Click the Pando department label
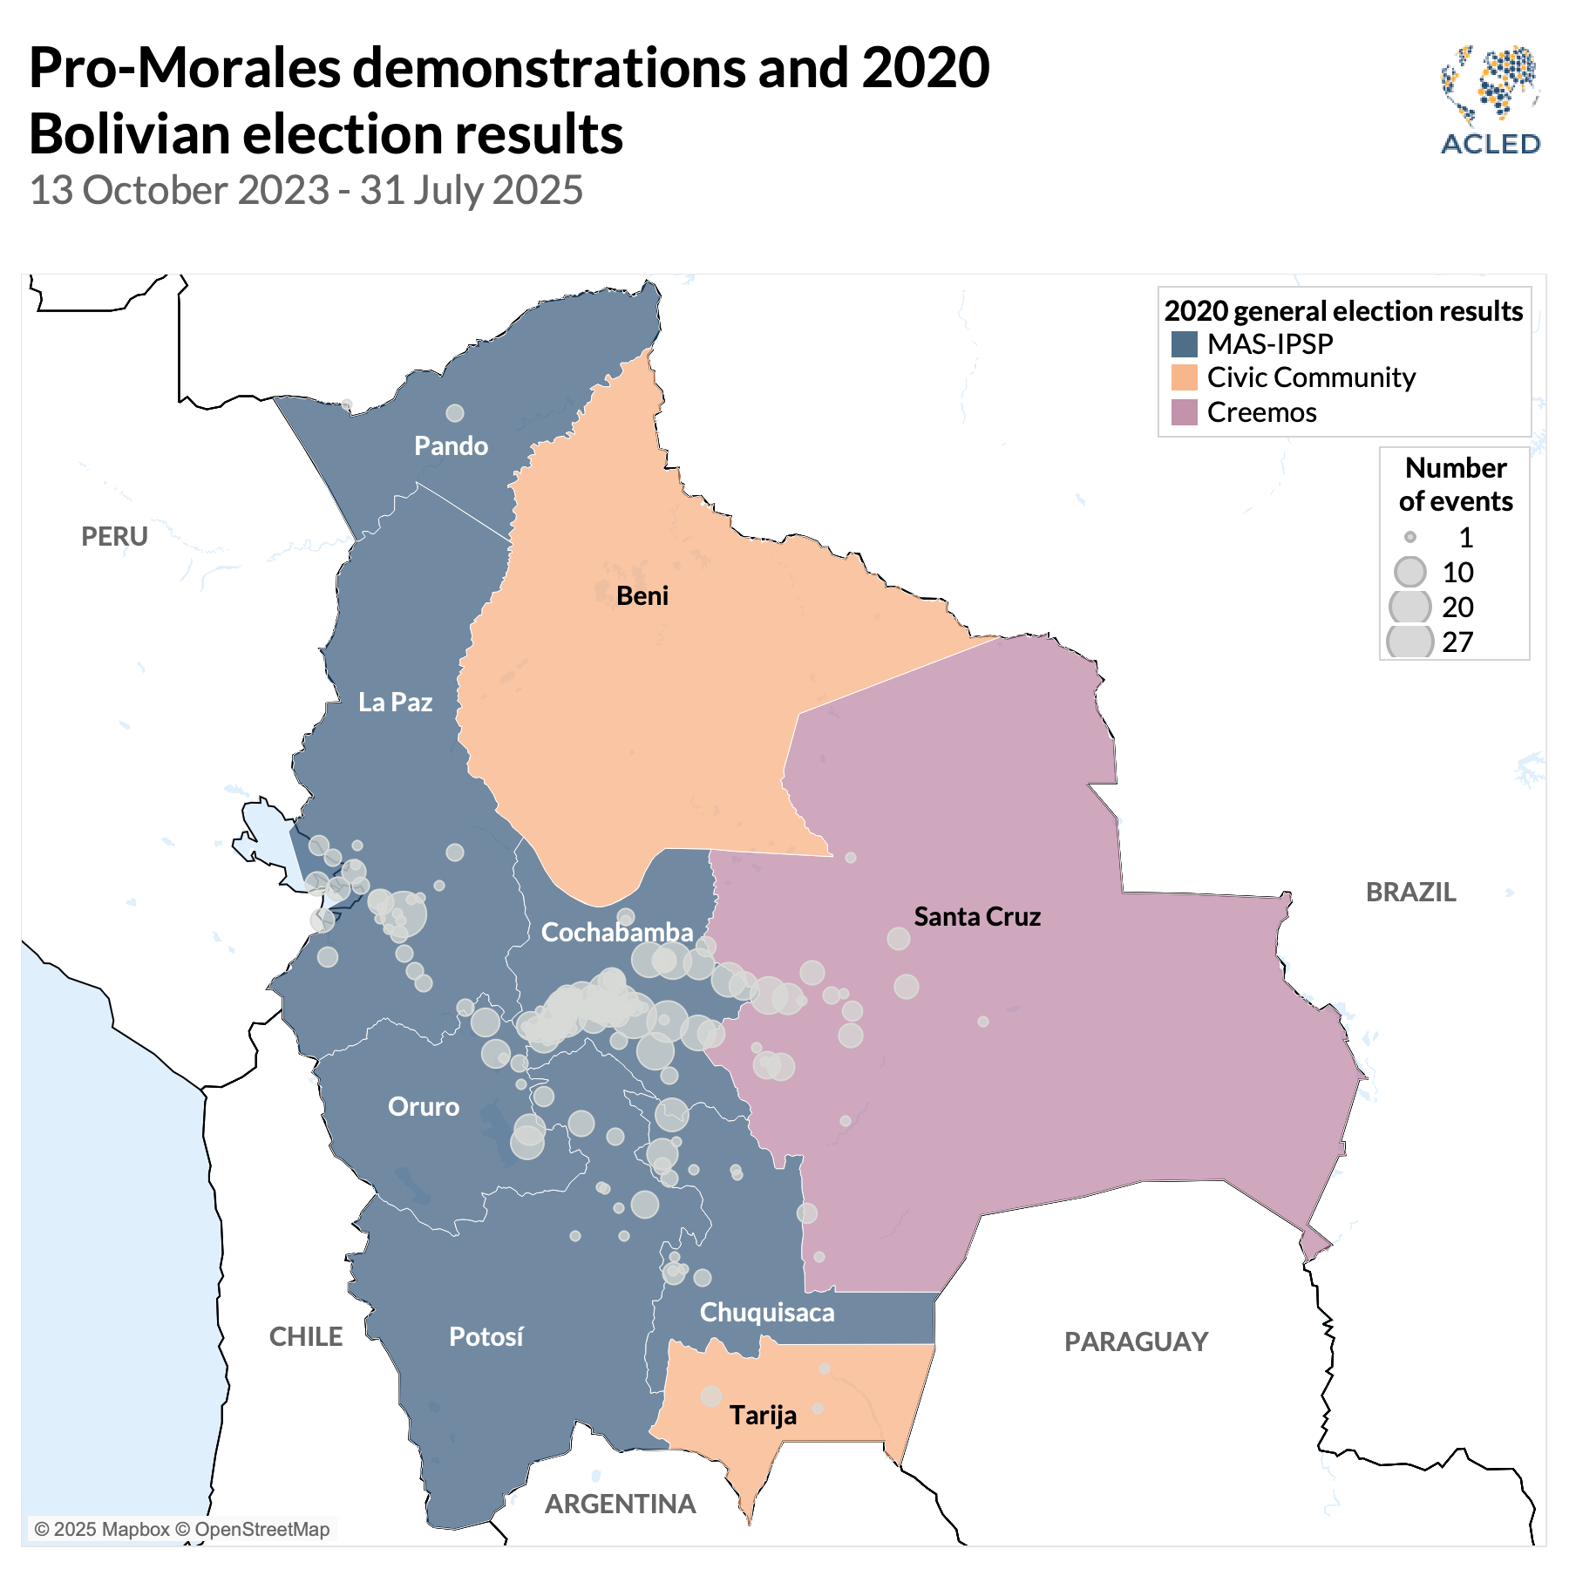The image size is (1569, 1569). [x=451, y=446]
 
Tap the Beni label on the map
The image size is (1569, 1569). [x=642, y=596]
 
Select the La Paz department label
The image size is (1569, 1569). [x=395, y=703]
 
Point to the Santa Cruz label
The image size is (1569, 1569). [x=977, y=917]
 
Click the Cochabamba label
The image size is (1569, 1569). [x=617, y=933]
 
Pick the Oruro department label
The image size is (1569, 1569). [x=424, y=1107]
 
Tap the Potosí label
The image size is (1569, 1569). [x=486, y=1337]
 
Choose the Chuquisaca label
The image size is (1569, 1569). [x=767, y=1313]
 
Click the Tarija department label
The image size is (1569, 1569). [x=764, y=1415]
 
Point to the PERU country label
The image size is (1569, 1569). [x=115, y=537]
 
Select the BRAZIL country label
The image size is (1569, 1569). [x=1410, y=893]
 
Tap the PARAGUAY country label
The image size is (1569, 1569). [x=1137, y=1342]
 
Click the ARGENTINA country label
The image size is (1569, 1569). [x=621, y=1504]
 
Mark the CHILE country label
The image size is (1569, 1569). [x=306, y=1337]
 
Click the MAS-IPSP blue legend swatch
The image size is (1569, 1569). [x=1184, y=344]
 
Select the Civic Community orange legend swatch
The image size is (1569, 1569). [x=1184, y=378]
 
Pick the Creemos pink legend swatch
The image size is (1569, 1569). [x=1184, y=412]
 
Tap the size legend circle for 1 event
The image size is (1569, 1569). [x=1409, y=538]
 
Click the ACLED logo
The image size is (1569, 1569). [x=1491, y=100]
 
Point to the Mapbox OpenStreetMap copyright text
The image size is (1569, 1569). [x=182, y=1529]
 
